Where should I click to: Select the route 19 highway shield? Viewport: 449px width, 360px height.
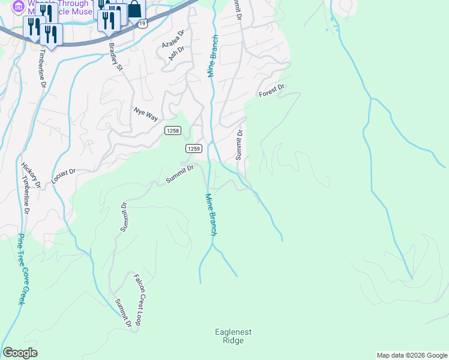(x=142, y=23)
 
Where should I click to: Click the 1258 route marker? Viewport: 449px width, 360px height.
(x=173, y=131)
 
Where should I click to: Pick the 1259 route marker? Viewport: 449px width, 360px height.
(x=193, y=148)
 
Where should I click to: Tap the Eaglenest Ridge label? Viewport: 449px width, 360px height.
(x=233, y=336)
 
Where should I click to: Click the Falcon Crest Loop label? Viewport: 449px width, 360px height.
(x=137, y=299)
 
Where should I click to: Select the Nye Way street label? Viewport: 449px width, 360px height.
(x=145, y=114)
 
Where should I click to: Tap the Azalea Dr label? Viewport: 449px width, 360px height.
(x=172, y=40)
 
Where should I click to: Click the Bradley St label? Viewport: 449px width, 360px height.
(x=115, y=56)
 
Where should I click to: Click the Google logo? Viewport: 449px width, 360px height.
(x=20, y=353)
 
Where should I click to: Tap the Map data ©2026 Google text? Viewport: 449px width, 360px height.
(x=412, y=355)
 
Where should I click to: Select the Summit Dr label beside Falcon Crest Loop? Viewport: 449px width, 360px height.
(x=124, y=313)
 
